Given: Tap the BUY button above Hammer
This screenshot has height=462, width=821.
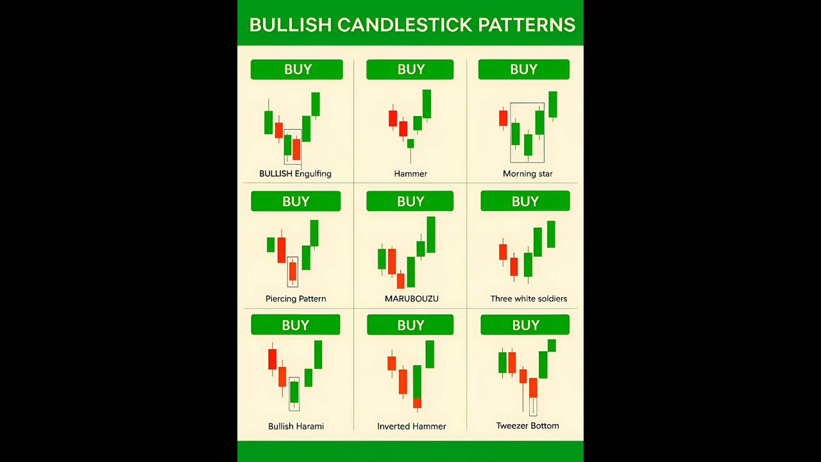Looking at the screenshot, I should (x=410, y=69).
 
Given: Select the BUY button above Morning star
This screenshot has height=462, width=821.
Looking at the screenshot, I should (x=523, y=69).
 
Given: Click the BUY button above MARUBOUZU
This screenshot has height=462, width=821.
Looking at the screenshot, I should (x=410, y=201).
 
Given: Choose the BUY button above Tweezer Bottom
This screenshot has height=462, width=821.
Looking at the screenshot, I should (x=525, y=325).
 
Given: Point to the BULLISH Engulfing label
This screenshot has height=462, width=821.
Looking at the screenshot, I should (x=295, y=174).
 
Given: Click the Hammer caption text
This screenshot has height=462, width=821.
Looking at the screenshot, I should (x=410, y=174).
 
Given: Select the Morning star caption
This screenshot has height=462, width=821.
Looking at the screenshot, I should (x=527, y=174).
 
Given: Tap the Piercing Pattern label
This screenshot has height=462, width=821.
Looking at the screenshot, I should (x=296, y=299).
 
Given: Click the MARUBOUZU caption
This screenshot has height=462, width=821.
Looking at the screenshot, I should (x=411, y=299).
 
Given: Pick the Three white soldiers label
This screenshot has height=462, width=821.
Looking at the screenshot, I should (x=529, y=299).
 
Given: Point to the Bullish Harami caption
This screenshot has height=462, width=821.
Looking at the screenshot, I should (x=296, y=426).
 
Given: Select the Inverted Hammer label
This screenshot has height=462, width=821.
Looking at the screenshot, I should (x=411, y=426).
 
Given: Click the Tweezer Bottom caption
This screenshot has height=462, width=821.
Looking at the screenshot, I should (x=527, y=425).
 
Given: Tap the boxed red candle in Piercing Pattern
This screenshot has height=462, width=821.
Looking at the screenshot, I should (x=292, y=271).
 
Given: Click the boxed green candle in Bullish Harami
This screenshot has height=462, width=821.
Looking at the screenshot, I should (x=294, y=392).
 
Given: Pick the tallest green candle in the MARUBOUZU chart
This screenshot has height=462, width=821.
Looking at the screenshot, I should (x=431, y=234).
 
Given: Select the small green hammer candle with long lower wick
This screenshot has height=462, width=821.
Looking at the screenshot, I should (x=410, y=144).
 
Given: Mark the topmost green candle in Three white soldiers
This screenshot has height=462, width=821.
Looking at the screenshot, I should (x=551, y=234).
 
